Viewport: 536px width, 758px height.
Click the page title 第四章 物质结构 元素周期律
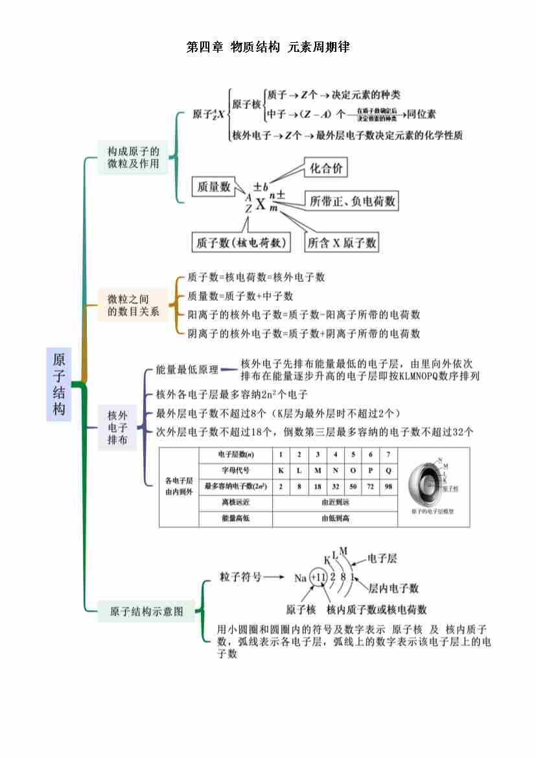[268, 47]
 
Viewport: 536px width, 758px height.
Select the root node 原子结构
[59, 385]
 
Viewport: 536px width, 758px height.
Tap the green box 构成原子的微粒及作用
[133, 158]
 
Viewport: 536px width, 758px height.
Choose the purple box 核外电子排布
[117, 427]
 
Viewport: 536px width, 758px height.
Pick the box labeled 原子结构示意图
[146, 611]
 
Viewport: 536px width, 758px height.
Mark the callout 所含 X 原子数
[342, 243]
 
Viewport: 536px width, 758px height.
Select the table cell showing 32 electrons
[335, 486]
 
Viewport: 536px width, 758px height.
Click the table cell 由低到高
[335, 518]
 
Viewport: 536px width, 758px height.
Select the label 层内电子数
[393, 588]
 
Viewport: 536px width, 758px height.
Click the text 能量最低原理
[187, 370]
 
